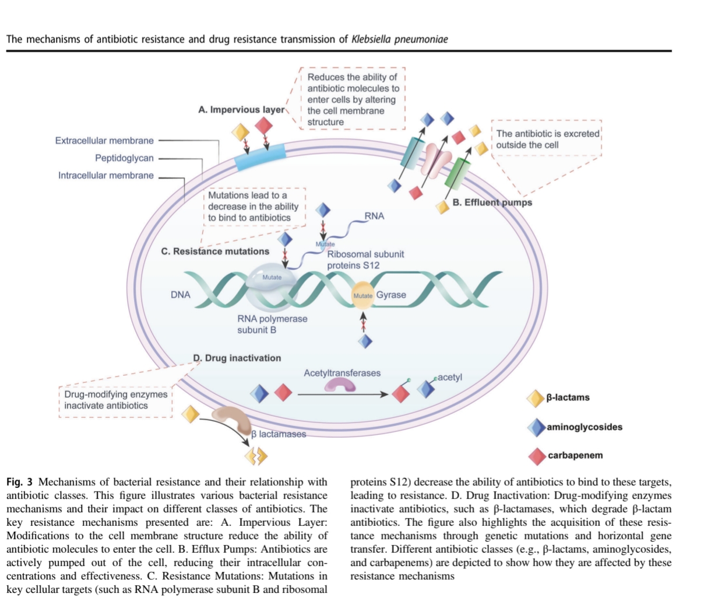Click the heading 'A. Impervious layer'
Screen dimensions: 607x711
pos(241,110)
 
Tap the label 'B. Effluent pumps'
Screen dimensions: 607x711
pos(492,203)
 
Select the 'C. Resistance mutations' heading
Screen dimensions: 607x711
pos(215,252)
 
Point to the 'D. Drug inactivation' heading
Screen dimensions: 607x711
pos(237,358)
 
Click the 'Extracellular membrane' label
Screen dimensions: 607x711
pos(104,141)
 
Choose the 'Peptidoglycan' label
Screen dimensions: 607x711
pos(124,158)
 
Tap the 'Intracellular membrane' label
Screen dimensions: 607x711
pos(105,176)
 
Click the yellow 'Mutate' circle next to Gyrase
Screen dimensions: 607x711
pos(362,295)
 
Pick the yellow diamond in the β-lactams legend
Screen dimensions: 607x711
pos(535,398)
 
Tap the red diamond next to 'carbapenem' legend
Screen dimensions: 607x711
pos(537,456)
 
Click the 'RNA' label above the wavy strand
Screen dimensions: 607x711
pos(374,216)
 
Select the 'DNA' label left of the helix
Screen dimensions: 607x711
pos(180,295)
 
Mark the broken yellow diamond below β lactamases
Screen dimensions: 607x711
pos(256,455)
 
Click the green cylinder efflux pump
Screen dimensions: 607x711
pos(458,172)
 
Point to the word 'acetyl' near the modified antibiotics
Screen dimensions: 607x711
pos(449,378)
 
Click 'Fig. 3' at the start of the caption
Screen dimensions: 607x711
pos(19,482)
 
